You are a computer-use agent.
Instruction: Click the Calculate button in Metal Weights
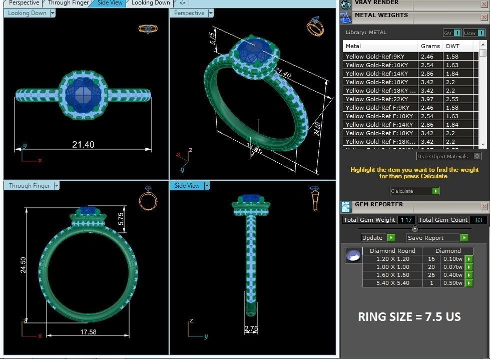click(414, 191)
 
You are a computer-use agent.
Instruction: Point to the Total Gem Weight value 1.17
click(406, 220)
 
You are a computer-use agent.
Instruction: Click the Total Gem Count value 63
click(478, 220)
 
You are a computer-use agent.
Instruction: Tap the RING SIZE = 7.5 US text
click(409, 317)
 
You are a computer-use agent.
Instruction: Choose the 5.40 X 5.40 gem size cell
click(392, 283)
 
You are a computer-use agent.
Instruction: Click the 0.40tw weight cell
click(452, 275)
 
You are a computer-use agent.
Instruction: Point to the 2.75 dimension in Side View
click(251, 328)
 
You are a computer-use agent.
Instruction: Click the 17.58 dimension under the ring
click(88, 331)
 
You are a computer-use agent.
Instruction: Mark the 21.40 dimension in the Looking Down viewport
click(83, 144)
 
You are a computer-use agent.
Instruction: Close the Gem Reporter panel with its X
click(484, 206)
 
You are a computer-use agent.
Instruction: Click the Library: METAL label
click(366, 33)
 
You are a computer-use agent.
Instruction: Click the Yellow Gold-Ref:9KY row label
click(375, 57)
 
